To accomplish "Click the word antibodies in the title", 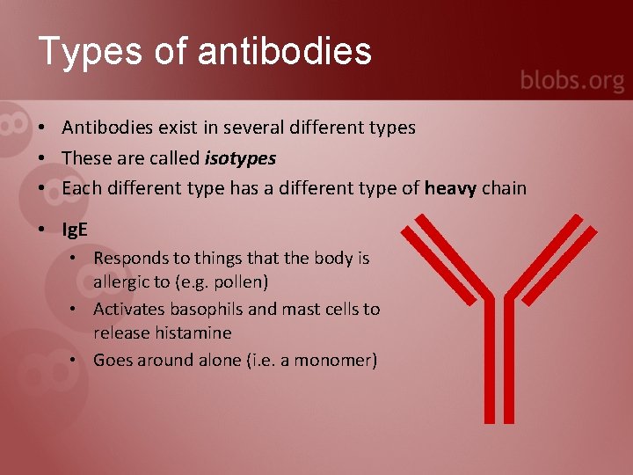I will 286,51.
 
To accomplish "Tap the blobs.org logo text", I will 571,82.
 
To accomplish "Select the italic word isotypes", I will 240,158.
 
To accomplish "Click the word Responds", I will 129,259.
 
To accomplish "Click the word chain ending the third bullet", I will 505,187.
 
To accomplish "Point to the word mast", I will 300,309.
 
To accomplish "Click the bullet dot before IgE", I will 42,230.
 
